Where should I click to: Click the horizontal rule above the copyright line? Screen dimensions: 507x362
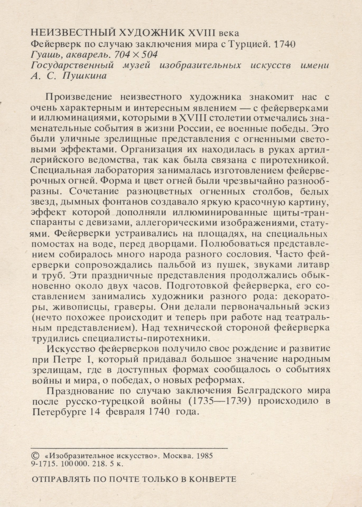129,448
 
